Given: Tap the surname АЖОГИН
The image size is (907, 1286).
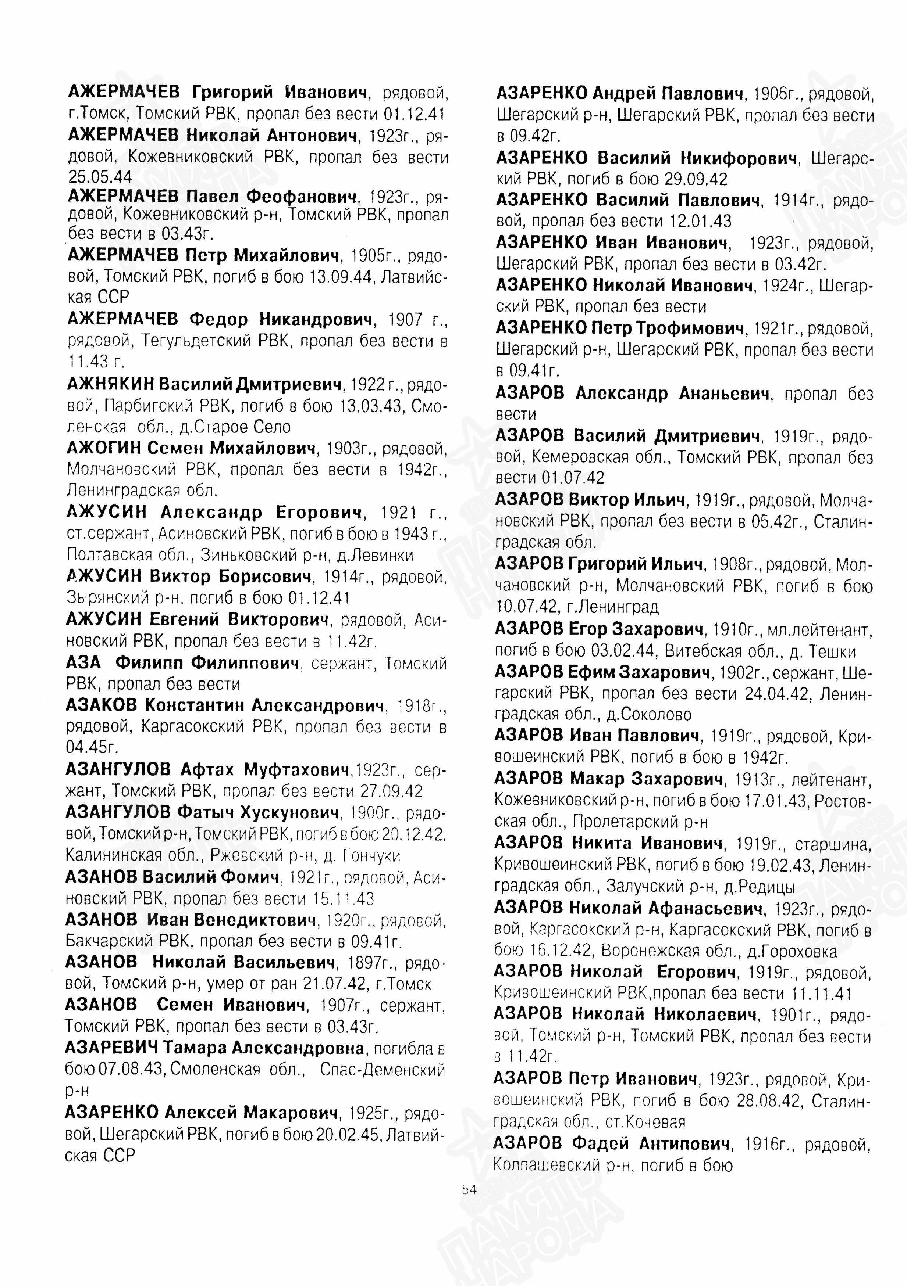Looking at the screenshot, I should [104, 448].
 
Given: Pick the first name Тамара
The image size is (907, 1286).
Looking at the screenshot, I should [196, 1047].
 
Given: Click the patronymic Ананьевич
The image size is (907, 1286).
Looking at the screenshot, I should [724, 394].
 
